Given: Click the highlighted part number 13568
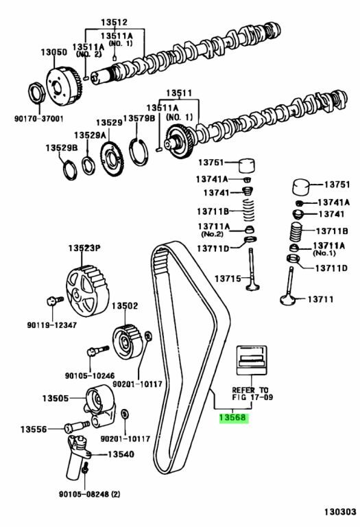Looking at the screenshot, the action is point(233,418).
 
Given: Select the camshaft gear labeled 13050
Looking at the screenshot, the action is point(63,86).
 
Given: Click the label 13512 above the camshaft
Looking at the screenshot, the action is point(115,22).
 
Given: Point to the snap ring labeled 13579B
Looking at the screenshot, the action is point(139,152).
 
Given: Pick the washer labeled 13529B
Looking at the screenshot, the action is point(69,170).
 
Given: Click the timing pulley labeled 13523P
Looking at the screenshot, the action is point(87,290).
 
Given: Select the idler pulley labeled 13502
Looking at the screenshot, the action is point(128,341).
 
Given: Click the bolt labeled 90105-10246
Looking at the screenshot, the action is point(98,351).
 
